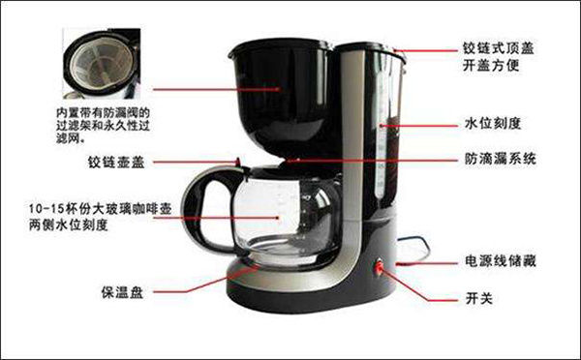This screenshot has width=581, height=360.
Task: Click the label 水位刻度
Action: tap(493, 123)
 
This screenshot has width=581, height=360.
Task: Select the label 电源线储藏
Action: tap(501, 262)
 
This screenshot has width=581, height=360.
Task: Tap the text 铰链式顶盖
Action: tap(499, 45)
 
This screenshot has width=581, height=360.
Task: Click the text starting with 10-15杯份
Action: tap(93, 208)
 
